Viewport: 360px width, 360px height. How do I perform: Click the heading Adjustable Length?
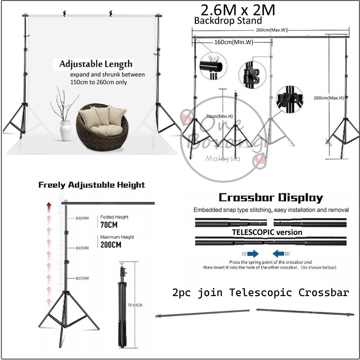(x=96, y=64)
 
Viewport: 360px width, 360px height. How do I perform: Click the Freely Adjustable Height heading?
(x=92, y=185)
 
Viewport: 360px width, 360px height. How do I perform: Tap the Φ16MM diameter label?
(x=82, y=219)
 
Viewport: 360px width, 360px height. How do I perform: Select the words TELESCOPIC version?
(x=267, y=232)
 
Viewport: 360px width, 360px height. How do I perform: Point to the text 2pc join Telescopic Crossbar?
(x=261, y=293)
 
